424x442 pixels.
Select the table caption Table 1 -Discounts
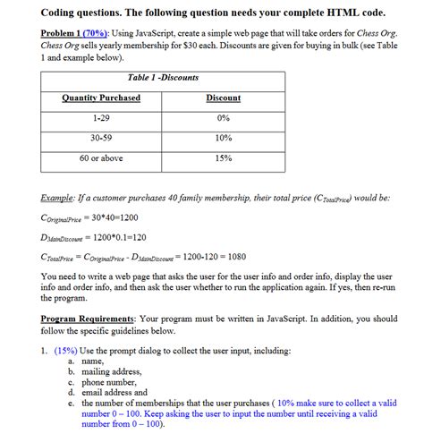[x=164, y=78]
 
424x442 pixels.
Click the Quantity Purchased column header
[x=101, y=98]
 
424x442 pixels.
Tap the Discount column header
[x=223, y=98]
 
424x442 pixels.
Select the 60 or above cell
[x=101, y=158]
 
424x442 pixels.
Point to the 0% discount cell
[x=223, y=117]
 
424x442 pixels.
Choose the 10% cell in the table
[x=223, y=138]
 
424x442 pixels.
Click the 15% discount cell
[x=223, y=158]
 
